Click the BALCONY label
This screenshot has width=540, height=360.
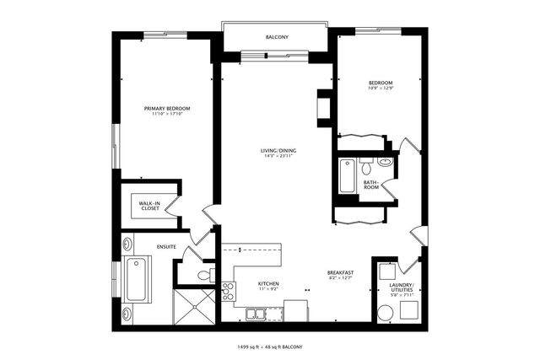coord(278,38)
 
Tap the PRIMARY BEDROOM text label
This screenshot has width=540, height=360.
coord(166,108)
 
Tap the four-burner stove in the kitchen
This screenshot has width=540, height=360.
coord(228,291)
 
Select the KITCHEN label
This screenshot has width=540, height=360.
coord(268,284)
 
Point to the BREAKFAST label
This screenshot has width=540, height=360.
coord(341,272)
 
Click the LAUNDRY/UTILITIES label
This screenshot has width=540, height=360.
coord(402,287)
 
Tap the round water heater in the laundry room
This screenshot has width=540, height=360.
coord(386,314)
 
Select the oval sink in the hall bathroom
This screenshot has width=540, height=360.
coord(385,162)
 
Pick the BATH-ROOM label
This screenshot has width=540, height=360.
coord(371,185)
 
